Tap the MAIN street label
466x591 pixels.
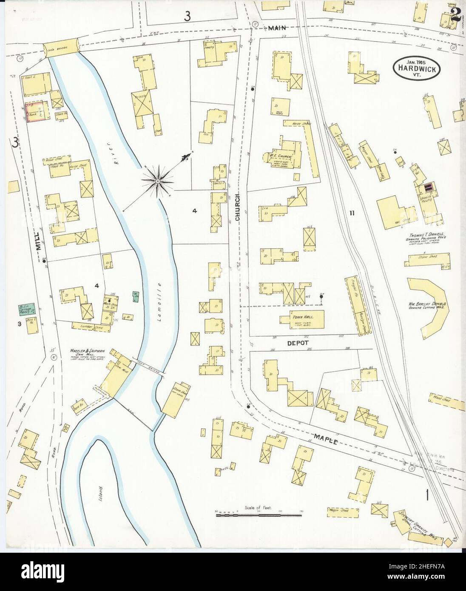tap(278, 28)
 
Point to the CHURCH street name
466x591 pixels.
tap(237, 208)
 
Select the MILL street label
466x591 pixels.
tap(38, 241)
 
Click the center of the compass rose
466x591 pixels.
tap(158, 182)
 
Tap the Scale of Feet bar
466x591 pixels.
tap(259, 515)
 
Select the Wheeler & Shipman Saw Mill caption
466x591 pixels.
tap(87, 354)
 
